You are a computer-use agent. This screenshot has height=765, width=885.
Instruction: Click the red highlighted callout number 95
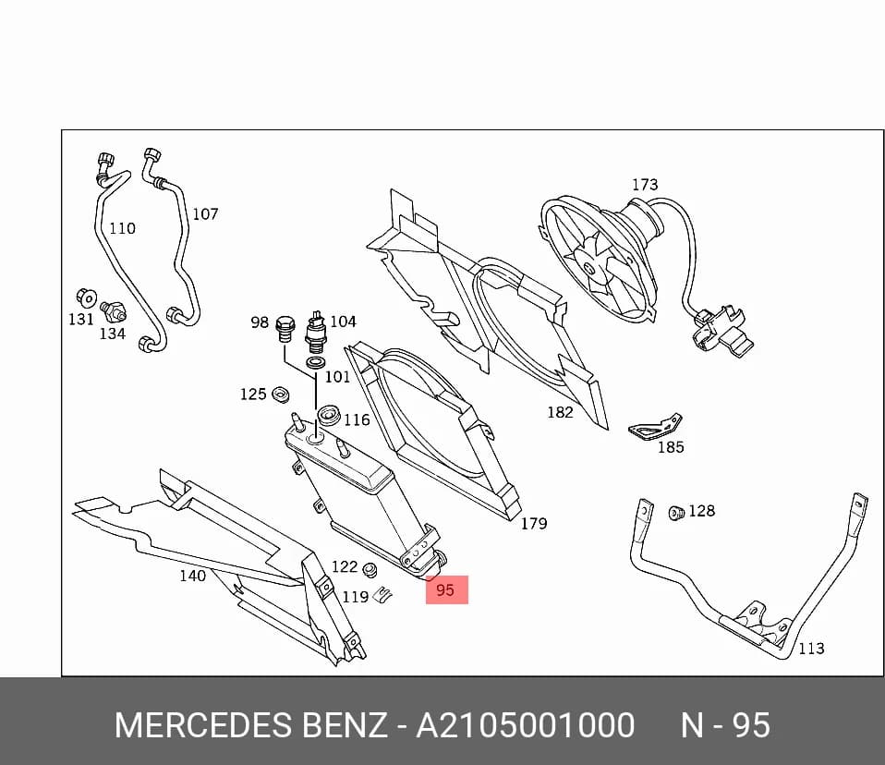pyautogui.click(x=445, y=590)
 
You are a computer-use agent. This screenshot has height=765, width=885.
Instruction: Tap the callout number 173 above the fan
pyautogui.click(x=645, y=185)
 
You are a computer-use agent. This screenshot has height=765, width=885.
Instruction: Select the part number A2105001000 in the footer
pyautogui.click(x=525, y=725)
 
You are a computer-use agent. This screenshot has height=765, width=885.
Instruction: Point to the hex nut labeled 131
pyautogui.click(x=86, y=297)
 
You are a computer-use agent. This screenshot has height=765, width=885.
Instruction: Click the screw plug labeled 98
pyautogui.click(x=285, y=330)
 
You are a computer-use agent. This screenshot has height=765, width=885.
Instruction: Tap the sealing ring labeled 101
pyautogui.click(x=316, y=362)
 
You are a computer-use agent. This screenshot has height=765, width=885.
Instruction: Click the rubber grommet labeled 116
pyautogui.click(x=328, y=416)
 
